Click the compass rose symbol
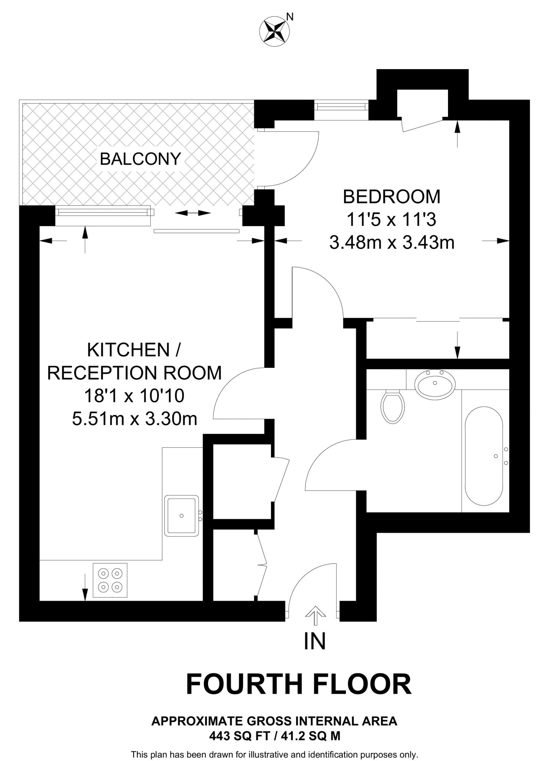[x=274, y=31]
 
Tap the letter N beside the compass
[x=290, y=17]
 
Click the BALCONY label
[x=140, y=159]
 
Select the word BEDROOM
[x=392, y=197]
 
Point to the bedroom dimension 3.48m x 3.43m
[x=392, y=243]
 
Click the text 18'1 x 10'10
[x=134, y=396]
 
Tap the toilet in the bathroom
[x=392, y=407]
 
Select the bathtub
[x=484, y=456]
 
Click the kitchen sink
[x=182, y=515]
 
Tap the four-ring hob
[x=110, y=580]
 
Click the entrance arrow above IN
[x=315, y=615]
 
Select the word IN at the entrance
[x=315, y=641]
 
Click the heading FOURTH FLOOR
[x=298, y=684]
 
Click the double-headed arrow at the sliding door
[x=193, y=213]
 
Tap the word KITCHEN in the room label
[x=128, y=350]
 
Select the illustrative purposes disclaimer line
[x=274, y=755]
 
